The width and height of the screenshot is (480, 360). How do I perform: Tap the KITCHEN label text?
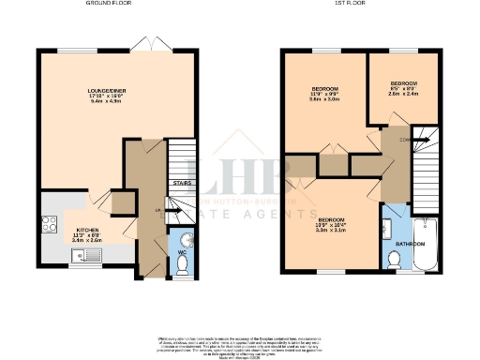87,229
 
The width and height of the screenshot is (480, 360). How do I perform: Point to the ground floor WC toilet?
183,265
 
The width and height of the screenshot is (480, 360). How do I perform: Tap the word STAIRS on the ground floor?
182,184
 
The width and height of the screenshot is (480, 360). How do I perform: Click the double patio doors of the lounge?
145,43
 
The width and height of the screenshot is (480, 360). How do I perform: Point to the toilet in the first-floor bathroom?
394,261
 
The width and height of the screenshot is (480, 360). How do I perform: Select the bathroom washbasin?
388,227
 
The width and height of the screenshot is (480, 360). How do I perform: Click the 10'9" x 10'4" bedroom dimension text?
332,225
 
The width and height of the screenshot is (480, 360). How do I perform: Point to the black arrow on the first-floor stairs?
425,141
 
